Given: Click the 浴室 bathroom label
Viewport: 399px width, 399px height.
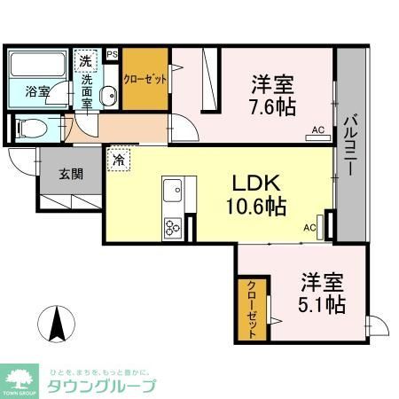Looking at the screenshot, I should pos(36,90).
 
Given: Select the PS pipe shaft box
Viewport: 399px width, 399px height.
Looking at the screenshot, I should pos(112,54).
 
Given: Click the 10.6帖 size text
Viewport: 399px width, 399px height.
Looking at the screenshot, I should pos(257,208).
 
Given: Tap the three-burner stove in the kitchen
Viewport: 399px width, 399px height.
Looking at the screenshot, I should pos(172,227).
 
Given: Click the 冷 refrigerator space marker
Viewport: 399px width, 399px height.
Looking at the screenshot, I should pos(118,162).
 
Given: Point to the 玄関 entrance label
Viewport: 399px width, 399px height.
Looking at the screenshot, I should pos(72,174).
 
